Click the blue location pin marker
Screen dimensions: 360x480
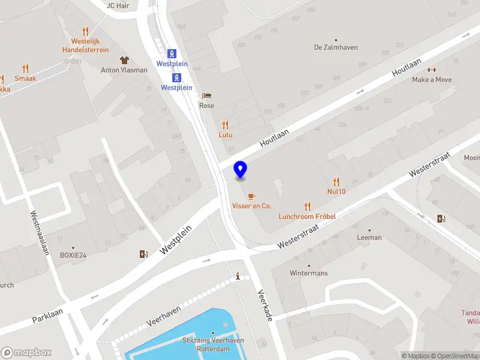(240, 170)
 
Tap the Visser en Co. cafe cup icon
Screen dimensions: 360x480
(251, 196)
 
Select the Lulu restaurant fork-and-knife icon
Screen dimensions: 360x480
(226, 125)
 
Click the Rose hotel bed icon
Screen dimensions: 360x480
(206, 95)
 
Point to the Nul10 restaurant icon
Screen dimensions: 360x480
(336, 182)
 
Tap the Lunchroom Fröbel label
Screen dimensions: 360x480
(306, 216)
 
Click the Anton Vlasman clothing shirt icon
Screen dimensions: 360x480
(124, 60)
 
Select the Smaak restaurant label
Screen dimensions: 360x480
(25, 78)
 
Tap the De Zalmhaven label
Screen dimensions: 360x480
(335, 47)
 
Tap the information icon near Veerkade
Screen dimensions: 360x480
(238, 277)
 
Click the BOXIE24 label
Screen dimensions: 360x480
(73, 255)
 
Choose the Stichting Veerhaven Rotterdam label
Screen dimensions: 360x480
(213, 344)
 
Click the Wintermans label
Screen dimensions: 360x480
(308, 273)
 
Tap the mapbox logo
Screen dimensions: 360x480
(27, 352)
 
